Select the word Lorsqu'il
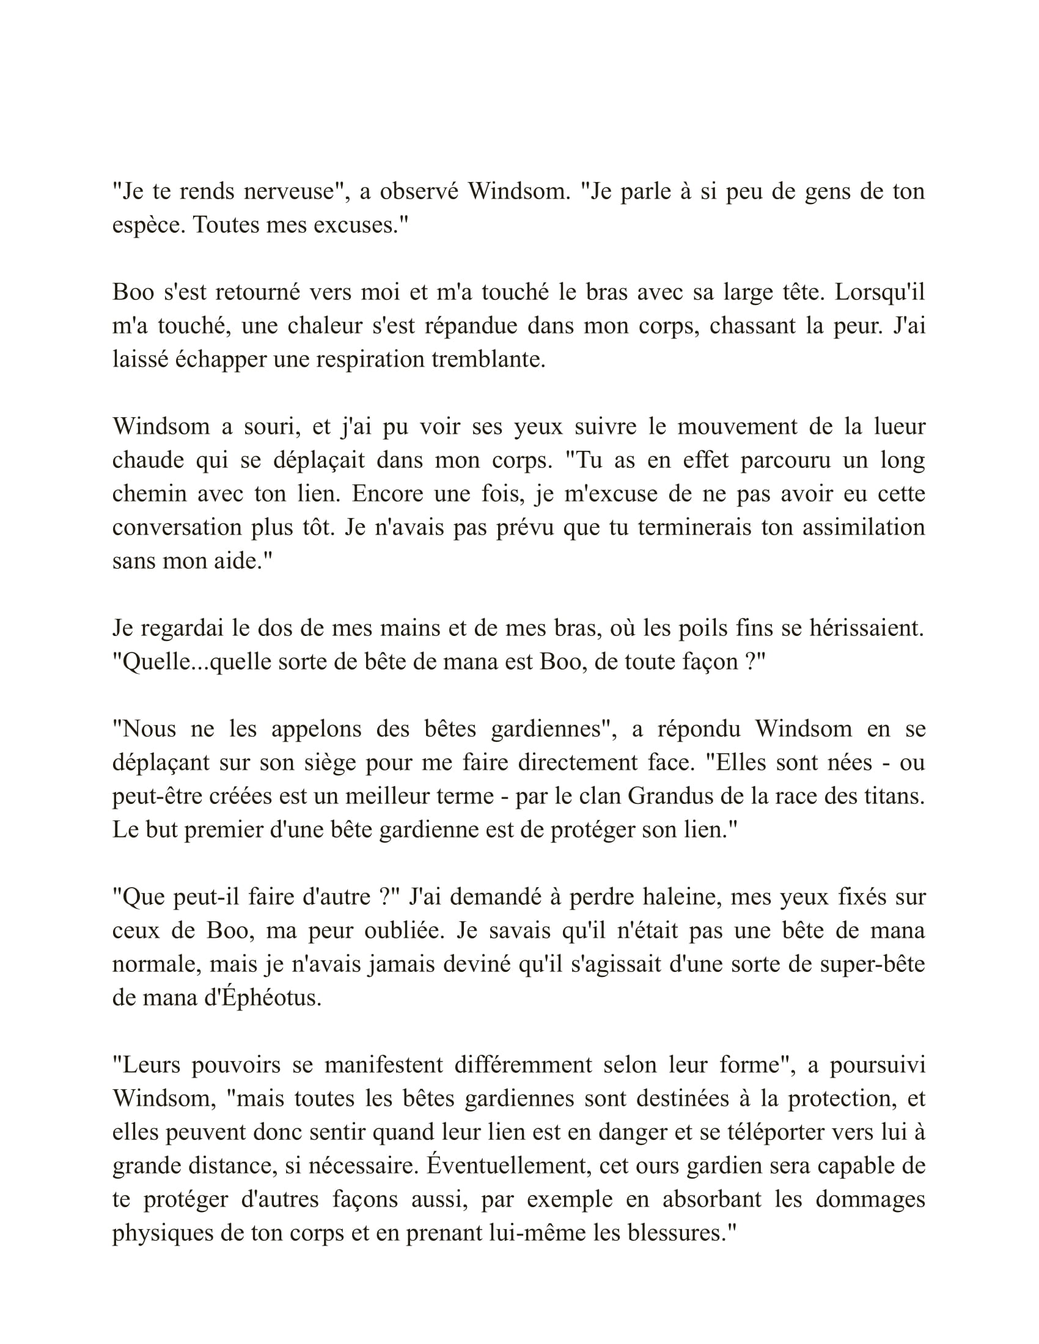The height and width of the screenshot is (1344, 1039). click(879, 292)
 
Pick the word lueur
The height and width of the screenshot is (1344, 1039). click(899, 426)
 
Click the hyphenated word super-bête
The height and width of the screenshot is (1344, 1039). click(872, 964)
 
